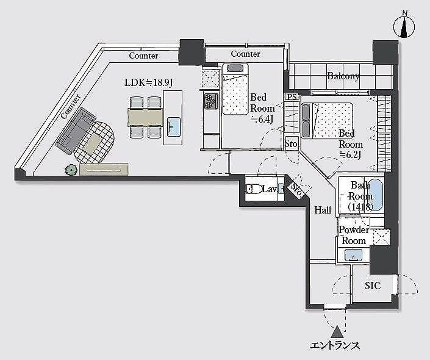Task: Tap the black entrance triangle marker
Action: pyautogui.click(x=337, y=332)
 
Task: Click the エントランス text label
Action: pyautogui.click(x=335, y=345)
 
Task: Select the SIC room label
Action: pyautogui.click(x=373, y=286)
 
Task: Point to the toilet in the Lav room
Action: pyautogui.click(x=254, y=189)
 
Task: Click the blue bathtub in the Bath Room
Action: pyautogui.click(x=374, y=195)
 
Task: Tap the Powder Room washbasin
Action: pyautogui.click(x=354, y=254)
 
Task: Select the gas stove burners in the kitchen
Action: pyautogui.click(x=211, y=101)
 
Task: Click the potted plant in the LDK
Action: pyautogui.click(x=71, y=170)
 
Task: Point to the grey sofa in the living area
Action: pyautogui.click(x=75, y=131)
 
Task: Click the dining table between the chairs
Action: pyautogui.click(x=145, y=117)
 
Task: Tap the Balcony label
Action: pyautogui.click(x=343, y=76)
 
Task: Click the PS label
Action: pyautogui.click(x=292, y=96)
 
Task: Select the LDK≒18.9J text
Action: pyautogui.click(x=148, y=82)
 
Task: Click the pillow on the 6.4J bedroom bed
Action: pyautogui.click(x=235, y=68)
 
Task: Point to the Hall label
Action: pyautogui.click(x=323, y=210)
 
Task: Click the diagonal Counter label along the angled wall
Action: pyautogui.click(x=71, y=106)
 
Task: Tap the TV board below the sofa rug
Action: pyautogui.click(x=104, y=169)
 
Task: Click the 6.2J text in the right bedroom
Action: pyautogui.click(x=350, y=155)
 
